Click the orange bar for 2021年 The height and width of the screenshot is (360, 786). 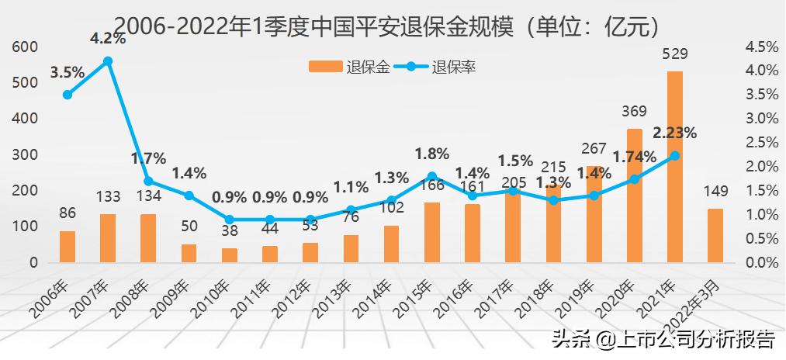tap(675, 167)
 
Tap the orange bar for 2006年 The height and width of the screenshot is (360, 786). tap(68, 247)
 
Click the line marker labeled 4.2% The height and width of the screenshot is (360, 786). tap(108, 61)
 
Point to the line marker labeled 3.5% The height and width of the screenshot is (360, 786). tap(68, 95)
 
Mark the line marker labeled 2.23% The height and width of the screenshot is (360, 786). tap(675, 155)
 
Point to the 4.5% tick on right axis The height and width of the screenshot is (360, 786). tap(761, 47)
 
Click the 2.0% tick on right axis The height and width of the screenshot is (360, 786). tap(761, 166)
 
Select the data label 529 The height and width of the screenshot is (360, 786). tap(675, 54)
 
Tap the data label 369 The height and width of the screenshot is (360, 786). tap(635, 112)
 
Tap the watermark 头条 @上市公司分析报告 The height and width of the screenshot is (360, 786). tap(663, 339)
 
